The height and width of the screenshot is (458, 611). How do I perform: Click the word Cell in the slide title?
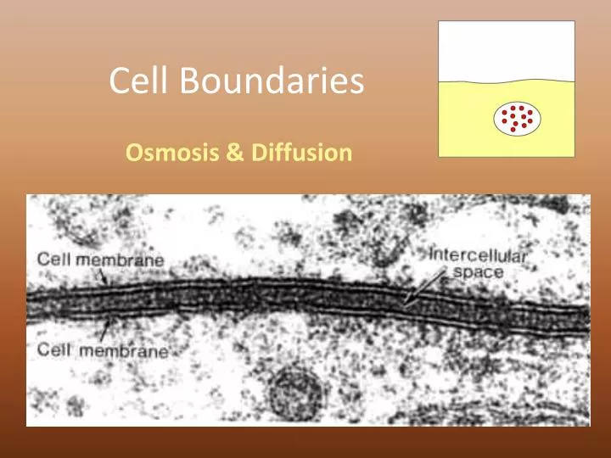135,81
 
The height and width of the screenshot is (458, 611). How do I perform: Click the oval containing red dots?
518,119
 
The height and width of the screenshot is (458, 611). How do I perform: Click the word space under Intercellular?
478,272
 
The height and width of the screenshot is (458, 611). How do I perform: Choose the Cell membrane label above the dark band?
101,260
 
